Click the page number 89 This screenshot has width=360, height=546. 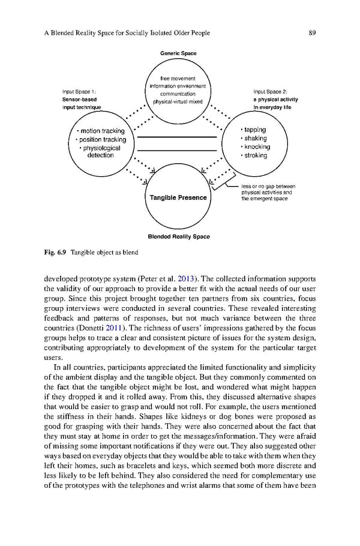312,32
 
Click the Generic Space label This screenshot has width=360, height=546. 178,54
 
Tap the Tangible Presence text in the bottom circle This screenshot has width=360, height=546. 178,197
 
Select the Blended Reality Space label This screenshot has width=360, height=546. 178,236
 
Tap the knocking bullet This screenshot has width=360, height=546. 255,146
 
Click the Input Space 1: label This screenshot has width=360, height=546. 80,92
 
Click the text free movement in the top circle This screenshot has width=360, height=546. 178,78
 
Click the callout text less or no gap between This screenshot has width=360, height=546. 268,187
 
